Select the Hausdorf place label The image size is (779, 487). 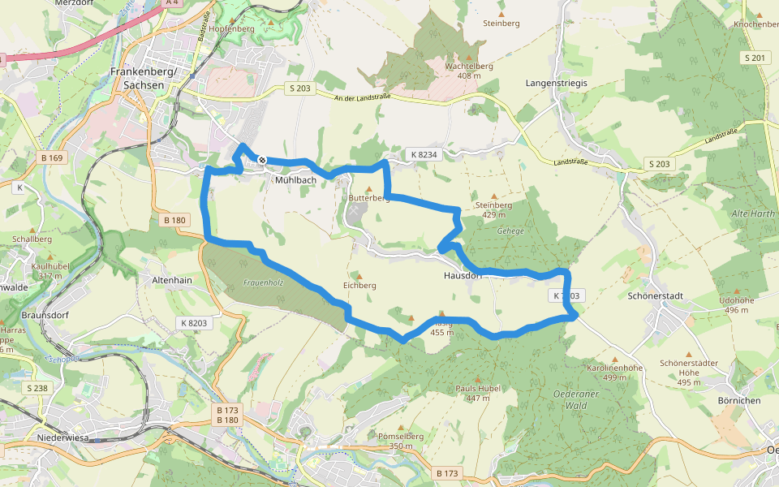click(x=463, y=275)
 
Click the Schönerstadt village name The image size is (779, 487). click(x=658, y=295)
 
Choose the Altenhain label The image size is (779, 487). click(x=172, y=279)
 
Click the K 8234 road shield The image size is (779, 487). click(x=424, y=154)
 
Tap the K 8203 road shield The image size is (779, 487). click(x=195, y=323)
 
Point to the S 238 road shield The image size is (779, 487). click(x=37, y=388)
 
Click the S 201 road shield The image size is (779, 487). click(x=755, y=58)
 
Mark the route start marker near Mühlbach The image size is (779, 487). click(x=262, y=160)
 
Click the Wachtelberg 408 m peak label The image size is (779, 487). click(x=469, y=70)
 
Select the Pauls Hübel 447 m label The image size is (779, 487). click(x=478, y=393)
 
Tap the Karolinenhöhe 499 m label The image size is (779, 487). click(x=614, y=373)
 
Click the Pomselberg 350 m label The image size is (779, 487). click(x=401, y=441)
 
